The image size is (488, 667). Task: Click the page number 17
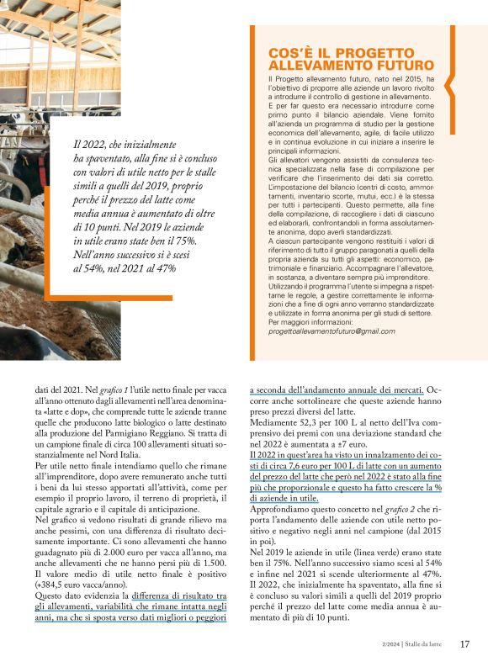coord(464,645)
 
